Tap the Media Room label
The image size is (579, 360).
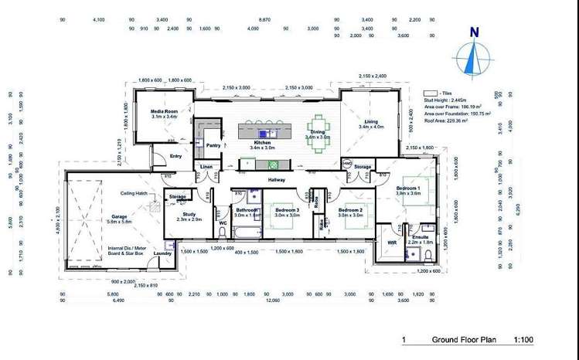164,112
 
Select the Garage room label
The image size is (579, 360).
118,216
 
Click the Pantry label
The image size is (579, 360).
213,144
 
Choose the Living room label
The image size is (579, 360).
372,121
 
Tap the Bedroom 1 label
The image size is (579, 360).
409,188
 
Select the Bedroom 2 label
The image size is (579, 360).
350,209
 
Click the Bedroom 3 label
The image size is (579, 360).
286,209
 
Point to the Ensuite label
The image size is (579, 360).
421,237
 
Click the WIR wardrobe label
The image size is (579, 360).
391,242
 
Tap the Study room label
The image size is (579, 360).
190,215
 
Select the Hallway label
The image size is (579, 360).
276,179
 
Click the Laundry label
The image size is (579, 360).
162,253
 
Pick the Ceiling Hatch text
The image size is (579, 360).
134,193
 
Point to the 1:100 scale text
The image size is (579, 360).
523,340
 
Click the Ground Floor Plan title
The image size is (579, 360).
458,340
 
